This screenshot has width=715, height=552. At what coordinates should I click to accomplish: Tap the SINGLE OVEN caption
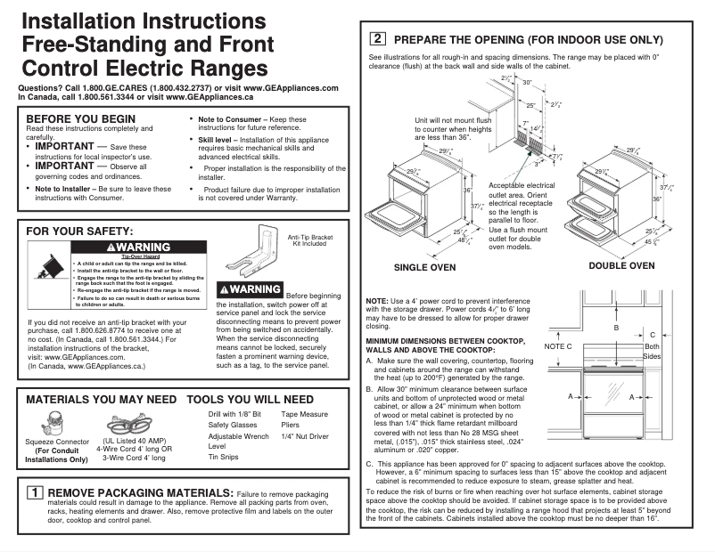424,267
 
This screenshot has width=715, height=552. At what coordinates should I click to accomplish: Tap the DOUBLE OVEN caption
621,265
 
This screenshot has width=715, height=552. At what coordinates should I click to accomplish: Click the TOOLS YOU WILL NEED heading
250,400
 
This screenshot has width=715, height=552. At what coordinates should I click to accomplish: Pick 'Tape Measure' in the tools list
304,414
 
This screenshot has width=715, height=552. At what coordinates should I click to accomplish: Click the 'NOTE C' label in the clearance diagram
557,345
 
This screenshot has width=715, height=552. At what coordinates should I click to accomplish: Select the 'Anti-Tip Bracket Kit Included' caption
310,240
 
